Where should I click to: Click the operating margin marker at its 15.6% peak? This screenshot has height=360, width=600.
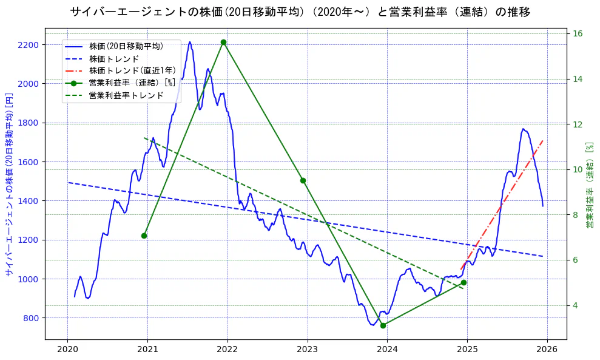[224, 42]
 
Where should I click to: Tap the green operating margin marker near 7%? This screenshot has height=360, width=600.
[144, 236]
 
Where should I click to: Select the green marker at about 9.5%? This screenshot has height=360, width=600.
[303, 180]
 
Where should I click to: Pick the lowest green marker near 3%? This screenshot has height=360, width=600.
[383, 325]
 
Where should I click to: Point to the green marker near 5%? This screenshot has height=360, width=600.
[463, 282]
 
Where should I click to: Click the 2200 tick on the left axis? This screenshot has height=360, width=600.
[29, 45]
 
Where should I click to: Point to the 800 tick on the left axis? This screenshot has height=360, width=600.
[31, 318]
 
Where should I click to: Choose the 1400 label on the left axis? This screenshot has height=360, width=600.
[29, 201]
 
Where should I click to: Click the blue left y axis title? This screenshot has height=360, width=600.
[9, 185]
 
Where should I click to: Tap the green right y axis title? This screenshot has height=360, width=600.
[589, 185]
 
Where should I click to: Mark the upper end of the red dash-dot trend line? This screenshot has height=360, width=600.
[543, 140]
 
